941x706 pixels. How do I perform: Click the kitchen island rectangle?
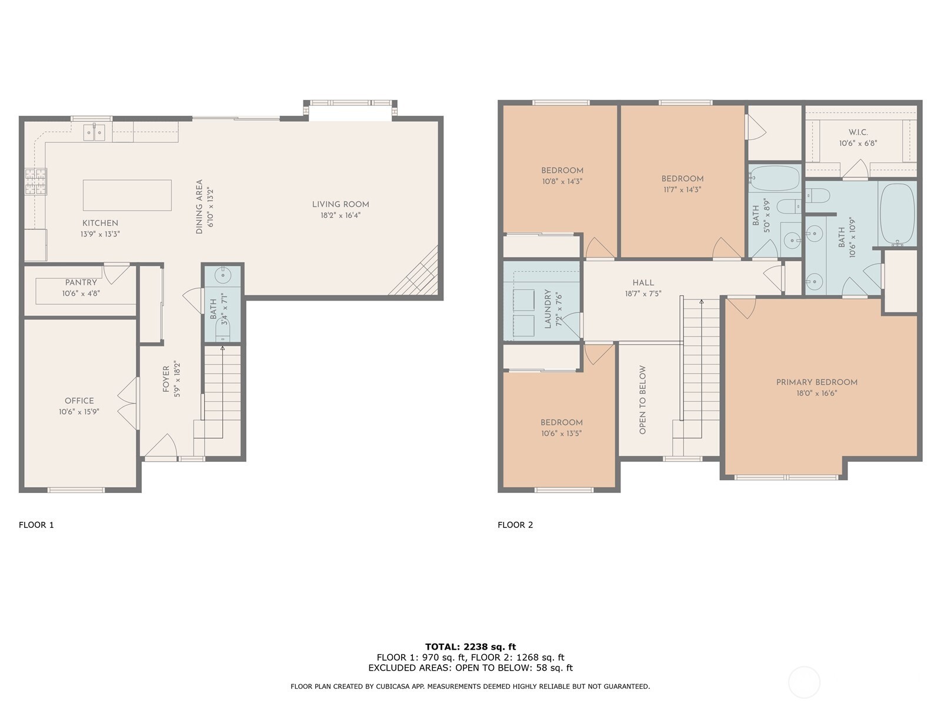click(x=127, y=195)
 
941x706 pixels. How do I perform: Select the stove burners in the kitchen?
click(x=35, y=181)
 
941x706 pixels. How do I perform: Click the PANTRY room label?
click(x=81, y=283)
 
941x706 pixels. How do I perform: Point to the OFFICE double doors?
click(x=128, y=403)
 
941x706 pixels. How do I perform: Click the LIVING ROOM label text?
click(x=341, y=205)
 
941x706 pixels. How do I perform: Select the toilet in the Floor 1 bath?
click(x=222, y=334)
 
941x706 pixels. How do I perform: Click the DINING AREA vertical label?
click(x=199, y=207)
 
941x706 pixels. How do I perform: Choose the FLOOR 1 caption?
click(x=36, y=525)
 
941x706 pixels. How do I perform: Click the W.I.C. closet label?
click(x=858, y=132)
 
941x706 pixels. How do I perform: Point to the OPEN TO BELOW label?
click(x=642, y=400)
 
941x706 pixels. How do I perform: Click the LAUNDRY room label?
click(x=548, y=308)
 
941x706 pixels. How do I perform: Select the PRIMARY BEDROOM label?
click(x=816, y=382)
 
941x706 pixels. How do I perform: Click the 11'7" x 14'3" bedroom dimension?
click(x=682, y=190)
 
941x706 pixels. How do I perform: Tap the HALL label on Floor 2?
click(x=643, y=283)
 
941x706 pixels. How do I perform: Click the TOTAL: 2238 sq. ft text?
click(x=470, y=647)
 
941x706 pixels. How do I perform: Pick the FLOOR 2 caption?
click(x=515, y=525)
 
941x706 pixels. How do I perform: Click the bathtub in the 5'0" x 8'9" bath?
click(x=775, y=176)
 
